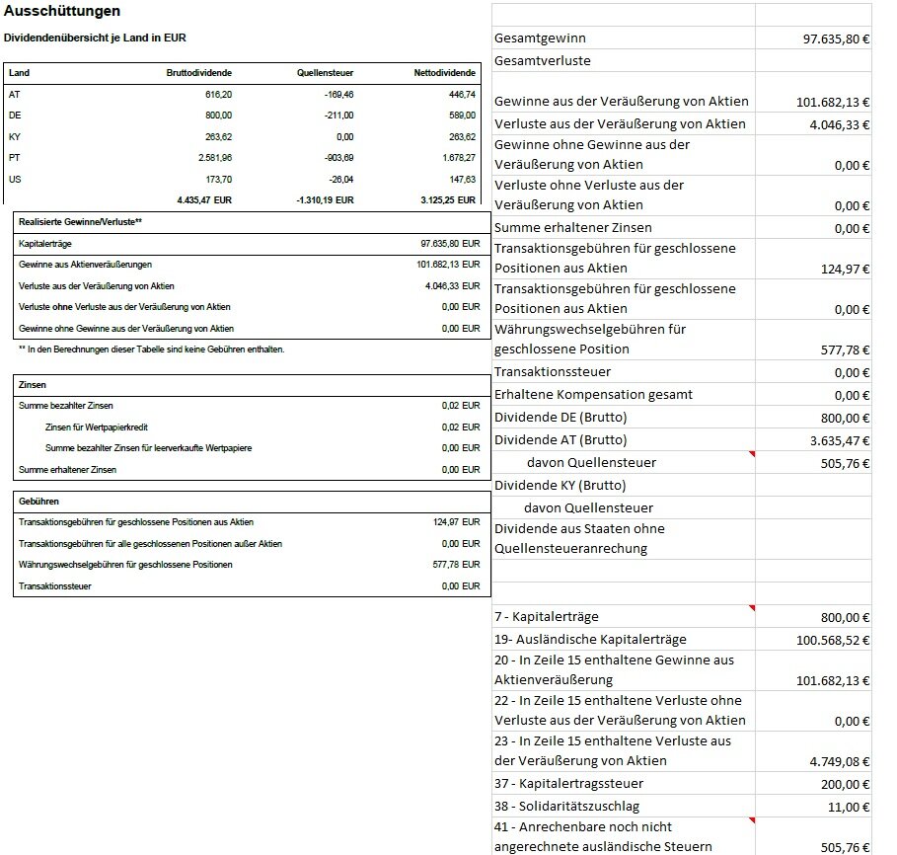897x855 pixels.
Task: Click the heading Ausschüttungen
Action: click(62, 11)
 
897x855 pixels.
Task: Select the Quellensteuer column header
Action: click(325, 73)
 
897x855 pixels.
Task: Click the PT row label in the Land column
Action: click(14, 158)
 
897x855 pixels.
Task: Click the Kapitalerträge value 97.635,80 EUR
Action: click(449, 243)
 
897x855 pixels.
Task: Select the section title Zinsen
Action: click(33, 384)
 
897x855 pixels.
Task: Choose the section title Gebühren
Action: click(38, 501)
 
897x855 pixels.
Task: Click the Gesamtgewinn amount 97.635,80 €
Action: click(836, 39)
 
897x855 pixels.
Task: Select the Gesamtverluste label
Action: click(542, 61)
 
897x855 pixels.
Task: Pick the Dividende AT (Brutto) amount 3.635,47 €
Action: click(839, 440)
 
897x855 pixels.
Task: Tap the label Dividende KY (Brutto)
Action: click(560, 485)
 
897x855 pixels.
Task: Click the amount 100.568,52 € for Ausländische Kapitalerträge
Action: click(833, 640)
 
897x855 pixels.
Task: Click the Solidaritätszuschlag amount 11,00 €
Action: click(848, 807)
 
